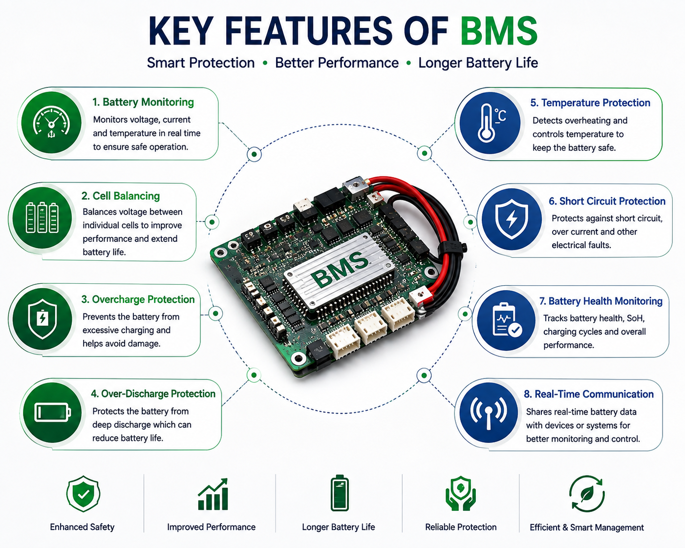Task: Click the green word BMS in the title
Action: (x=499, y=31)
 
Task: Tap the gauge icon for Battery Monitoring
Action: (x=51, y=124)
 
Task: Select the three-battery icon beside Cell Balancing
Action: (x=42, y=218)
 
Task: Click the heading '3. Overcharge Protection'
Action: (x=138, y=299)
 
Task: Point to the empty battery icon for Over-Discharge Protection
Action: (x=52, y=412)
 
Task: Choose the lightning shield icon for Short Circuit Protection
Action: (x=512, y=219)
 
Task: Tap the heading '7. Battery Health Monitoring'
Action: (x=600, y=301)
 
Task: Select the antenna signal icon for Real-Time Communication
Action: (x=488, y=413)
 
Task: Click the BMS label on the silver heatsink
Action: (x=339, y=269)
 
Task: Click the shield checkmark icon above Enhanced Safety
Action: (x=84, y=494)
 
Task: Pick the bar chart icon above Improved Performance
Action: (x=213, y=494)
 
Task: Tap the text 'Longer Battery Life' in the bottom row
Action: (x=339, y=527)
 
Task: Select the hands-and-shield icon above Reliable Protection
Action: (x=461, y=493)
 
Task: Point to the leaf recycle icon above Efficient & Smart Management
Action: (x=587, y=494)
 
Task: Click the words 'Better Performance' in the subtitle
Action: (x=337, y=63)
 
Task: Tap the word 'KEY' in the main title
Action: (x=181, y=31)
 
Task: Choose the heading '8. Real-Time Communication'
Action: (x=589, y=394)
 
